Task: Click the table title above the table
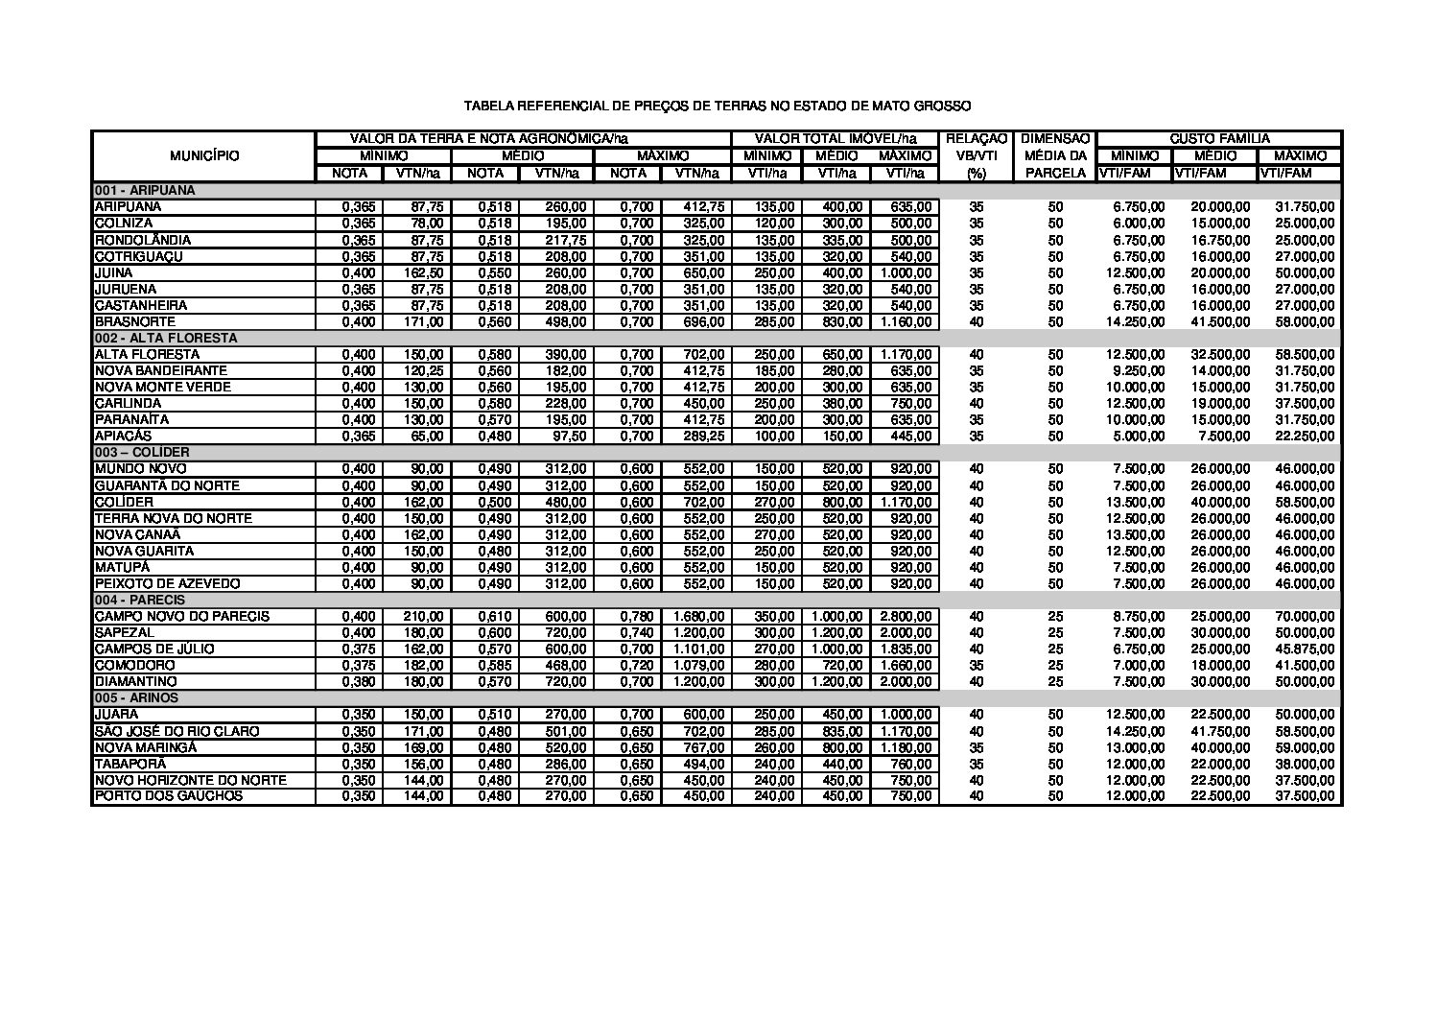[x=718, y=106]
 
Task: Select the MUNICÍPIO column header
[x=204, y=156]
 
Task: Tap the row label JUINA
[x=113, y=272]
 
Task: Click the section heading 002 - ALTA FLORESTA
[x=165, y=338]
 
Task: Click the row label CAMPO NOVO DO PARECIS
[x=181, y=616]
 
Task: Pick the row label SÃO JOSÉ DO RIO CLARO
[x=177, y=731]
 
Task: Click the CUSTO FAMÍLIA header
[x=1218, y=139]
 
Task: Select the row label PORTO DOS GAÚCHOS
[x=168, y=796]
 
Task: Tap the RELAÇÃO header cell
[x=976, y=139]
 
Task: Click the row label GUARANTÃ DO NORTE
[x=166, y=485]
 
